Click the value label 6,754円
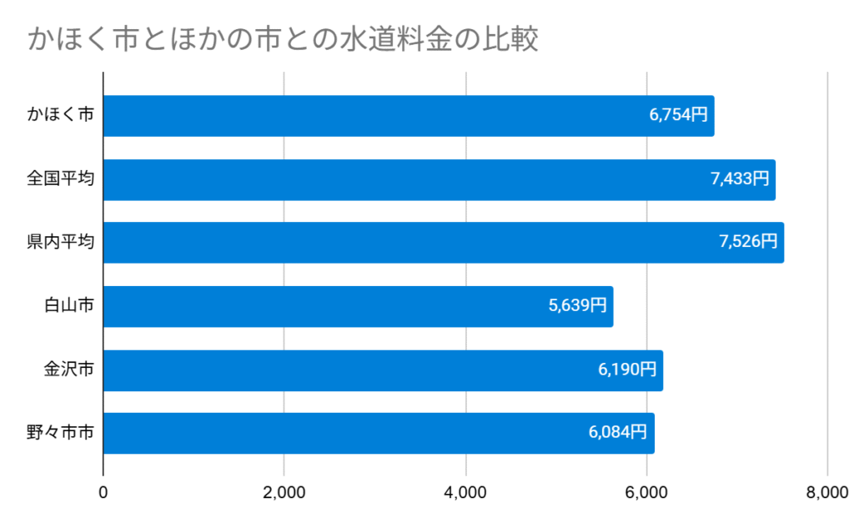(x=679, y=116)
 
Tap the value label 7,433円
(x=740, y=179)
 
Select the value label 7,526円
(x=748, y=243)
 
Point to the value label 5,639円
(x=577, y=306)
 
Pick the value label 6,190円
(x=627, y=370)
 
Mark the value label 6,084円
(x=618, y=433)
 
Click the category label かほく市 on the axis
(x=60, y=116)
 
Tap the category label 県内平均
(x=60, y=243)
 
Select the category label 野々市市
(x=60, y=433)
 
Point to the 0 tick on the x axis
(x=103, y=493)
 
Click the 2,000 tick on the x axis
(x=284, y=493)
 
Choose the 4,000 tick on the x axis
(x=465, y=493)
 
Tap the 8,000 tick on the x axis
(x=827, y=493)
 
